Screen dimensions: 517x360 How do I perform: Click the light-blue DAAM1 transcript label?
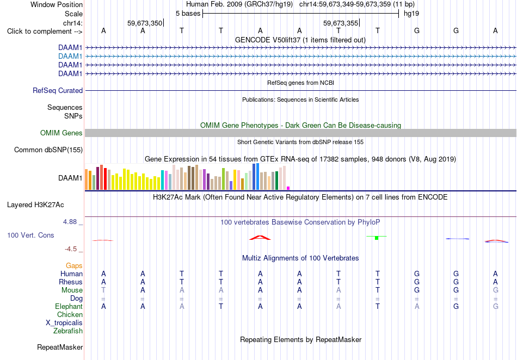click(x=70, y=57)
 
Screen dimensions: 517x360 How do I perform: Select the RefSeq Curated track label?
click(x=58, y=91)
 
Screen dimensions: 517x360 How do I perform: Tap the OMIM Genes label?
click(x=61, y=133)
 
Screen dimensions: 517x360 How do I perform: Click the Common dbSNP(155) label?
click(x=48, y=150)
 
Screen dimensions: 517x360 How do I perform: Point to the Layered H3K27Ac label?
click(x=35, y=205)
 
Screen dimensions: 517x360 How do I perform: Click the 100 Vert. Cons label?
click(x=30, y=235)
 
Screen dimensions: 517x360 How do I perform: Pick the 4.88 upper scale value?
click(x=70, y=222)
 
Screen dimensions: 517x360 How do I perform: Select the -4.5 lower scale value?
click(x=71, y=249)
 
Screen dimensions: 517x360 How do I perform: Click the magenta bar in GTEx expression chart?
click(x=288, y=188)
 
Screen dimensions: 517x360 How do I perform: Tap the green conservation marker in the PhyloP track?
click(x=377, y=238)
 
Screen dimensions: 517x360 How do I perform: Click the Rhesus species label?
click(x=71, y=282)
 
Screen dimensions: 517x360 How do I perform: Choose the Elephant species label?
click(x=69, y=306)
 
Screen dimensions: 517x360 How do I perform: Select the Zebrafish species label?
click(x=68, y=331)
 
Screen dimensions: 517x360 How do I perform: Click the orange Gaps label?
click(x=74, y=265)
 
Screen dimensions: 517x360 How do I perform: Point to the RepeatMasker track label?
click(x=60, y=347)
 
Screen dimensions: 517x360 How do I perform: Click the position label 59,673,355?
click(x=341, y=23)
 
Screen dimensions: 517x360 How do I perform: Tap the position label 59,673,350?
click(x=145, y=23)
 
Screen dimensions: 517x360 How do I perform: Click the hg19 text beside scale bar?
click(x=411, y=14)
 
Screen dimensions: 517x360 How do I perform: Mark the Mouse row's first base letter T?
click(x=103, y=290)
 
